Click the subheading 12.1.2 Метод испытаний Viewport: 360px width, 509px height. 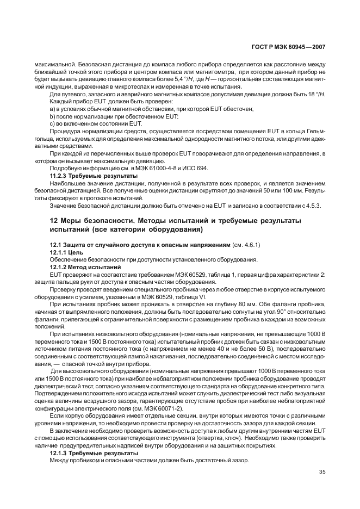pos(85,266)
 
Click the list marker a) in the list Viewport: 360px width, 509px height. pos(53,109)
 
